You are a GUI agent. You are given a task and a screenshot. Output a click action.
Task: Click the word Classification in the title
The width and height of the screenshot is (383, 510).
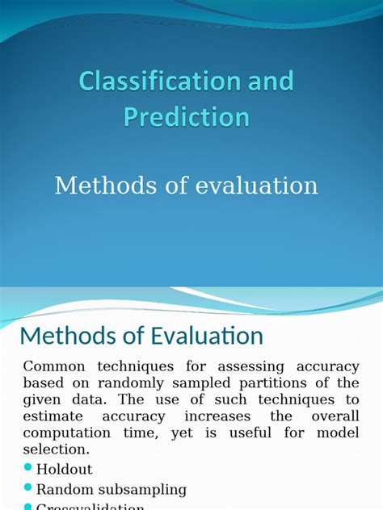159,82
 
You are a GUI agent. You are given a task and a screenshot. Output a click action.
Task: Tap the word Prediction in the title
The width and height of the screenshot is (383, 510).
187,117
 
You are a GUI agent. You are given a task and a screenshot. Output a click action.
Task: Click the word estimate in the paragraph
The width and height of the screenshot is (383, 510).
53,416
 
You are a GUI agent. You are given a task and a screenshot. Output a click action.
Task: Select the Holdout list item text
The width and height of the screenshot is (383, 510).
65,469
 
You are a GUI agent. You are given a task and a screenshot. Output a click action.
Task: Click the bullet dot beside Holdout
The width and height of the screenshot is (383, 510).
29,468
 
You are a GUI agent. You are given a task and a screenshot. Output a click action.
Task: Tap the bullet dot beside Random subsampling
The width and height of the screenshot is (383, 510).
29,488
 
